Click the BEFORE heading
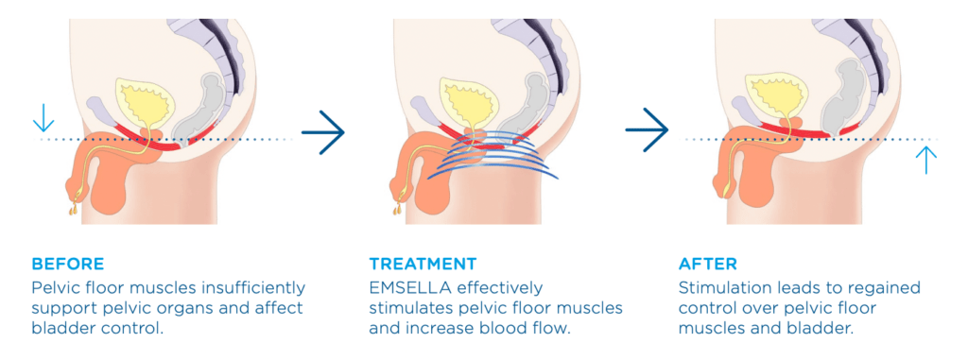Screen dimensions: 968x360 point(68,264)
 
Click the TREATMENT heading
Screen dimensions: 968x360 point(423,264)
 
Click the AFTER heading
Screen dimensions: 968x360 point(709,264)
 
